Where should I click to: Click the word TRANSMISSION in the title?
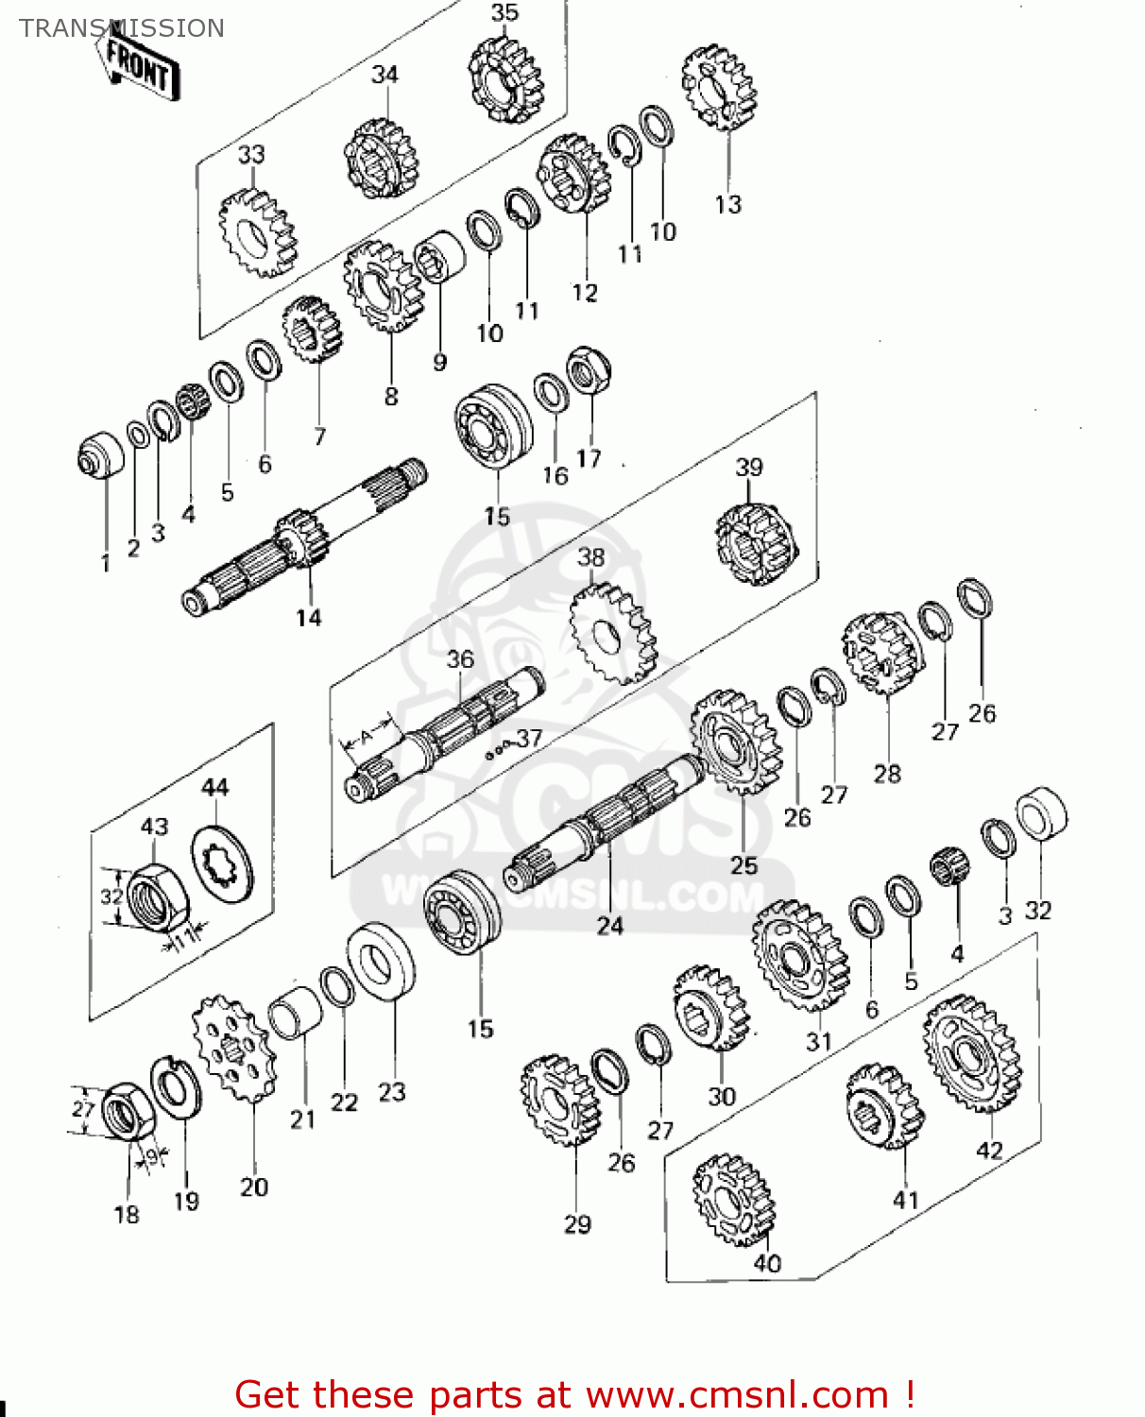(122, 28)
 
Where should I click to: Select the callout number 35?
(505, 12)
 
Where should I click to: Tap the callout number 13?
(728, 204)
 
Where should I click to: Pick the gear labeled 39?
(756, 543)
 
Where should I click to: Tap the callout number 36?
(460, 658)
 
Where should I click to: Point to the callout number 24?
(610, 926)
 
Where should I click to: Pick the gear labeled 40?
(732, 1201)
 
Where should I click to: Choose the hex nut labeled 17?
(588, 370)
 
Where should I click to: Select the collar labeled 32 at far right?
(1042, 813)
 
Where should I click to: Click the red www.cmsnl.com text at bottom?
(737, 1394)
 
